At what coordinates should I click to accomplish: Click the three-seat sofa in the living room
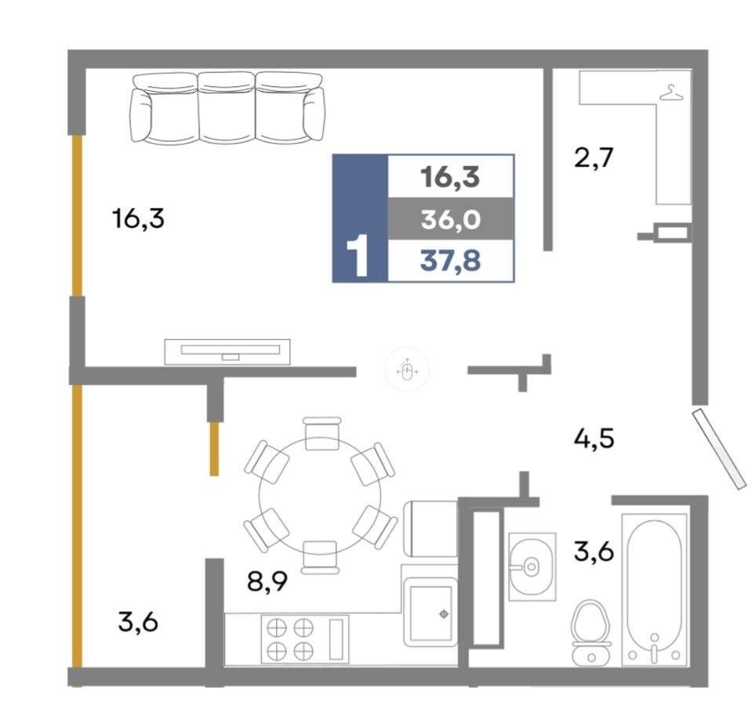[x=228, y=108]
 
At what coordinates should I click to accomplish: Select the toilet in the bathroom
[x=591, y=632]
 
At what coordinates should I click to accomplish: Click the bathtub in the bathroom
[x=655, y=590]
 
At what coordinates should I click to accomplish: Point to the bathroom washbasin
[x=532, y=566]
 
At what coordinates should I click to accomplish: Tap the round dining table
[x=320, y=496]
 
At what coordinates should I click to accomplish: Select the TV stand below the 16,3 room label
[x=227, y=352]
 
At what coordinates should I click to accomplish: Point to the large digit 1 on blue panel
[x=358, y=255]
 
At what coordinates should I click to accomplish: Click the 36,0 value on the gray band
[x=450, y=219]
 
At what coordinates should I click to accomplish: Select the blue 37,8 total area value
[x=450, y=261]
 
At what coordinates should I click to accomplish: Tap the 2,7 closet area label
[x=594, y=157]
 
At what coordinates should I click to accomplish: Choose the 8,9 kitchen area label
[x=267, y=581]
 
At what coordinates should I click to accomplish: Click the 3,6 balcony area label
[x=138, y=622]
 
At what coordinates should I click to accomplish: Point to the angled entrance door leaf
[x=719, y=449]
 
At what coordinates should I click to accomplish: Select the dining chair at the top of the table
[x=322, y=433]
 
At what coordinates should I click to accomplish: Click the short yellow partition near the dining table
[x=214, y=449]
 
